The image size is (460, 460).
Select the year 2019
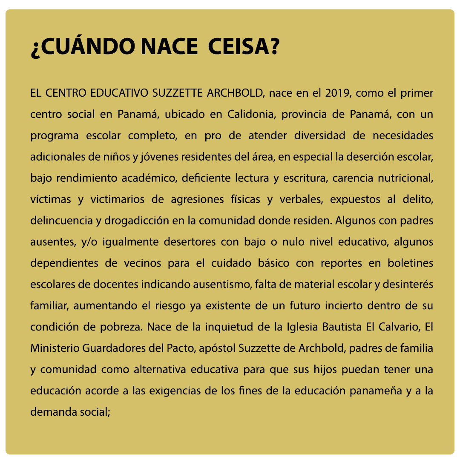337,93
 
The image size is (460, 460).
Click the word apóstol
217,348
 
